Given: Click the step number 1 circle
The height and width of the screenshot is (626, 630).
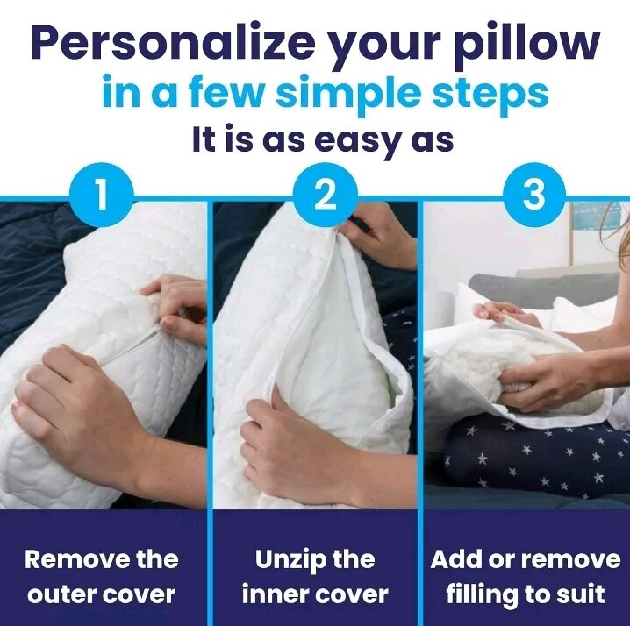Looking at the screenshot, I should (103, 195).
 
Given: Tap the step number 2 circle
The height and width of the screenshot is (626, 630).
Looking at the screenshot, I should (324, 195).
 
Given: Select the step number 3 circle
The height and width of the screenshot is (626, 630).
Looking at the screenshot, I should (533, 195).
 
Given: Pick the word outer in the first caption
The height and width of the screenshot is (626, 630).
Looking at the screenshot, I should (61, 594).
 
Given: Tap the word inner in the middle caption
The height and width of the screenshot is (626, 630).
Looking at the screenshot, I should (275, 594).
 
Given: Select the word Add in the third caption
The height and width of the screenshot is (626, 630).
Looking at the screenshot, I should (458, 559).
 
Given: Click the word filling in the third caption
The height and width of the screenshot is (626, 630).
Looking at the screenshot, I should (482, 594).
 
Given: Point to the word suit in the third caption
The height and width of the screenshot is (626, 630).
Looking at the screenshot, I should (580, 594).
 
